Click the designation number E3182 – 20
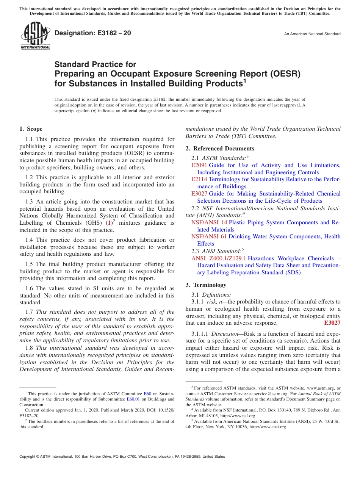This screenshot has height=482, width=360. tap(93, 33)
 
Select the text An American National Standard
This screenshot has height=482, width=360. tap(312, 34)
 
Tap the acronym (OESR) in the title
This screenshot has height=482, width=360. tap(282, 74)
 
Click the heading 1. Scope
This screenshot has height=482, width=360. tap(31, 129)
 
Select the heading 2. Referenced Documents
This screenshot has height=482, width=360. tap(220, 149)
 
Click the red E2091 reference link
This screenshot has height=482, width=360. tap(199, 165)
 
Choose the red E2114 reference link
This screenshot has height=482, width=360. tap(199, 179)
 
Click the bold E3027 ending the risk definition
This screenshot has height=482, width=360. tap(332, 323)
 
